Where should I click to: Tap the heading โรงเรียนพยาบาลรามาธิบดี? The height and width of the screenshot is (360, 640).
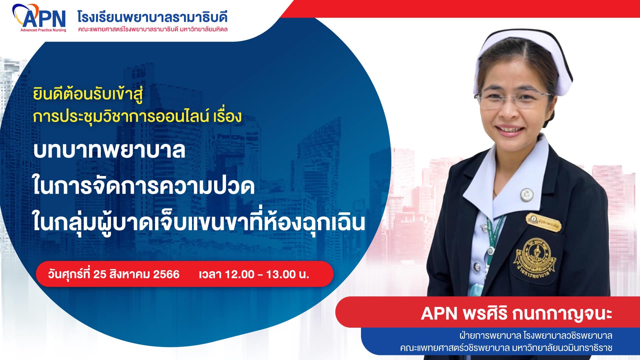(152, 16)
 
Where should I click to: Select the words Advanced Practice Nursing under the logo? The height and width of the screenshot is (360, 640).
(43, 30)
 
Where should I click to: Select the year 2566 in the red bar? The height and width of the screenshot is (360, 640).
(166, 274)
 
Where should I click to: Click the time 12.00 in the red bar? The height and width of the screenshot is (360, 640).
(239, 274)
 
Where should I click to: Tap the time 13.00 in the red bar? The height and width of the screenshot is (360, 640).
(281, 274)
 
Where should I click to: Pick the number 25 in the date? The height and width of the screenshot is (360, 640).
(100, 274)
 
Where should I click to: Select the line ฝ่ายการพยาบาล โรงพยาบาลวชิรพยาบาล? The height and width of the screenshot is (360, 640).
(536, 335)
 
